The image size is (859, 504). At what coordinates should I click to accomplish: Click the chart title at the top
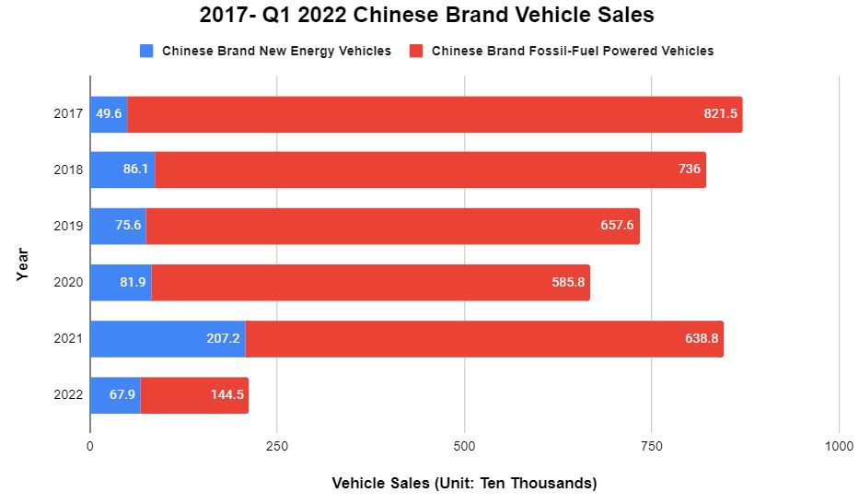coord(429,17)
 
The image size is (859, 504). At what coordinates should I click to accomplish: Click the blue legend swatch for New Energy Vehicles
coord(146,51)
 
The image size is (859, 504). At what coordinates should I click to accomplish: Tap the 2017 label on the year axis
coord(69,114)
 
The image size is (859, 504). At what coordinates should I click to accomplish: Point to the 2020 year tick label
coord(69,282)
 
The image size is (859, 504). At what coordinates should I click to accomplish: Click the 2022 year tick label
coord(69,394)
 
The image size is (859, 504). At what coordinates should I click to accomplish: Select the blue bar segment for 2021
coord(168,338)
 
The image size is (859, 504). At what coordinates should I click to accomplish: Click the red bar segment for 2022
coord(194,394)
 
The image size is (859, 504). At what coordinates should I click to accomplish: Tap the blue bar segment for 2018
coord(122,170)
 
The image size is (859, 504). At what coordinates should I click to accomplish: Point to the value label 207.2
coord(224,338)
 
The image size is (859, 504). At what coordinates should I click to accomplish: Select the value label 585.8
coord(567,282)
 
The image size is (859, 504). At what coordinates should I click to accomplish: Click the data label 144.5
coord(226,394)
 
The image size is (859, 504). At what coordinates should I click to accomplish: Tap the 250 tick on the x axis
coord(277,446)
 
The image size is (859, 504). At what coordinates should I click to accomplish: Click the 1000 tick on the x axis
coord(838,446)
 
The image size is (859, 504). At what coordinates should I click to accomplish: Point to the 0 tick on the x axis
coord(90,446)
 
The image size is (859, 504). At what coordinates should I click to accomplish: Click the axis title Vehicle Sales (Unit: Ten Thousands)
coord(464,483)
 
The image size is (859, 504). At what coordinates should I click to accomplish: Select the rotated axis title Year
coord(22,264)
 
